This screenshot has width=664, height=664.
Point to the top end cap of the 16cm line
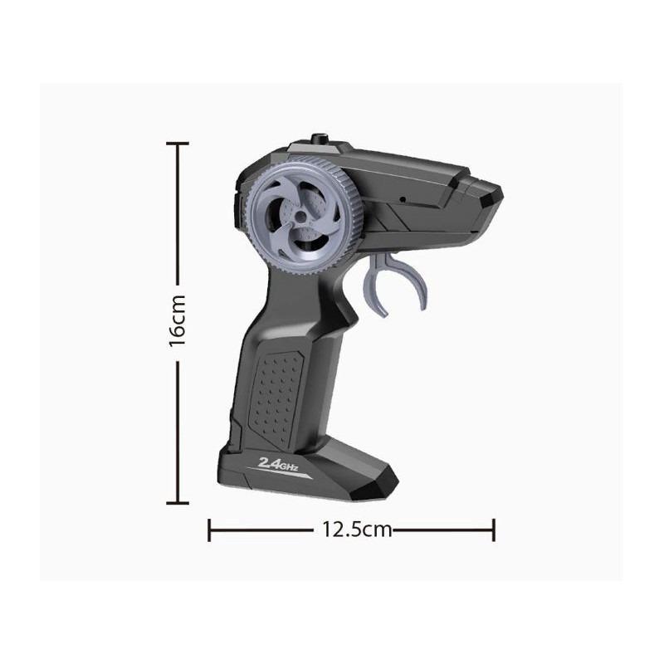tap(178, 144)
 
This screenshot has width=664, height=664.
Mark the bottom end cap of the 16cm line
tap(178, 501)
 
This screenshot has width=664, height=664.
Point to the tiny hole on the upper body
tap(401, 199)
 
